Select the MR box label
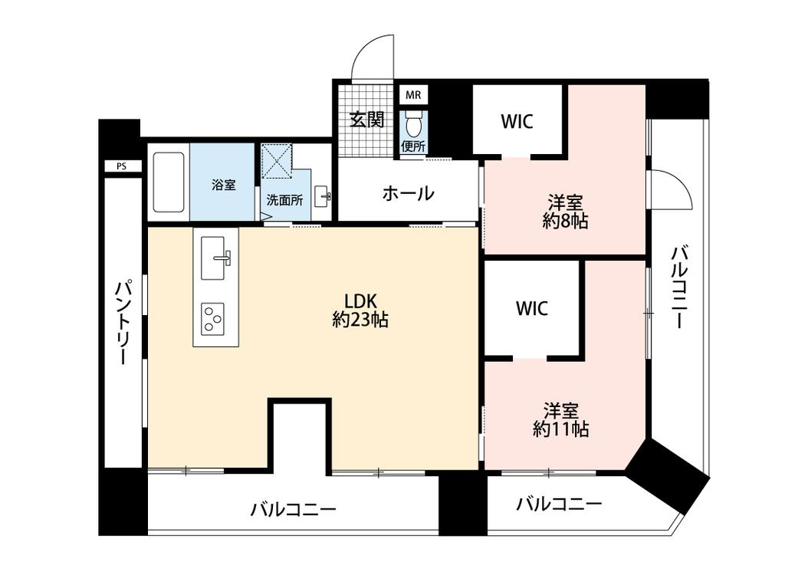[413, 95]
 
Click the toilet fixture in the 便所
[414, 123]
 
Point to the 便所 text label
[413, 146]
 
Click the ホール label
[408, 193]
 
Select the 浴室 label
[223, 185]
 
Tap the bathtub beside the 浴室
[169, 182]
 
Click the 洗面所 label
[284, 199]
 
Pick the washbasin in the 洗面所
[323, 195]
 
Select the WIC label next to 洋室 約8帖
[517, 121]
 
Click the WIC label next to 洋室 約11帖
[531, 308]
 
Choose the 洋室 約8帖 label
[566, 212]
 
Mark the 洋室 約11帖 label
[561, 419]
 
